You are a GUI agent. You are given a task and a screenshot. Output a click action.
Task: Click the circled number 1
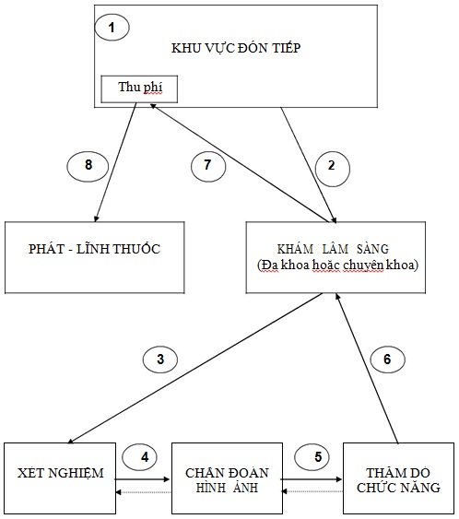click(112, 28)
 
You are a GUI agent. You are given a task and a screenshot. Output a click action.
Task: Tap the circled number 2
click(332, 168)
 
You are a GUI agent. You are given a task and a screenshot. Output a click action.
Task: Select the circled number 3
click(160, 360)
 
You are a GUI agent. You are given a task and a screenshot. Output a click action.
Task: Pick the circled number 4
click(140, 457)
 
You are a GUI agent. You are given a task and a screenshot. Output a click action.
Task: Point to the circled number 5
click(312, 457)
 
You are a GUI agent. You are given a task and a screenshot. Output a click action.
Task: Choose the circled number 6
click(387, 360)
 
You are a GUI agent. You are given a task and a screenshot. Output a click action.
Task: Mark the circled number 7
click(208, 166)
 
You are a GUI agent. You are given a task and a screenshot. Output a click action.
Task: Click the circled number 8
click(88, 166)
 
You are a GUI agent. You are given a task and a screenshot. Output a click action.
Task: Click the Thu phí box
click(139, 89)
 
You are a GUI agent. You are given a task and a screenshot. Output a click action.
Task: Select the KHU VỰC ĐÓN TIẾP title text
click(236, 48)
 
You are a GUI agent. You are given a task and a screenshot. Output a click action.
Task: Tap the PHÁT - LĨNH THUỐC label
click(94, 249)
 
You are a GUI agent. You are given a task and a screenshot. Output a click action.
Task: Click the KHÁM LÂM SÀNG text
click(333, 249)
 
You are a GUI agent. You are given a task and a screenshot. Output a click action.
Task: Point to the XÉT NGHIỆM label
click(61, 473)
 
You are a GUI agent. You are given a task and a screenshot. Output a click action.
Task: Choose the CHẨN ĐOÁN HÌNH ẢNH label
click(227, 480)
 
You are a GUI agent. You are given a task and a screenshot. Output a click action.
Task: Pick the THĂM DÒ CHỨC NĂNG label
click(398, 480)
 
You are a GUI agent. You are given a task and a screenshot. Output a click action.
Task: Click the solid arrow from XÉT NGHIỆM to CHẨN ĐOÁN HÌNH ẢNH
click(142, 479)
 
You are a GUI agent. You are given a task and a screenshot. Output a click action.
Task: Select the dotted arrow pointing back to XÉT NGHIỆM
click(143, 492)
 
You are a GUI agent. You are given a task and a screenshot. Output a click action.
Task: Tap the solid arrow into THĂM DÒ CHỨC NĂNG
click(312, 479)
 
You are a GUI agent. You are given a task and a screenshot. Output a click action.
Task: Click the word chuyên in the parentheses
click(363, 265)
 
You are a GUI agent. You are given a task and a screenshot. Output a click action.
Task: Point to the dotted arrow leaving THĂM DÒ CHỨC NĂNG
click(312, 491)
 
